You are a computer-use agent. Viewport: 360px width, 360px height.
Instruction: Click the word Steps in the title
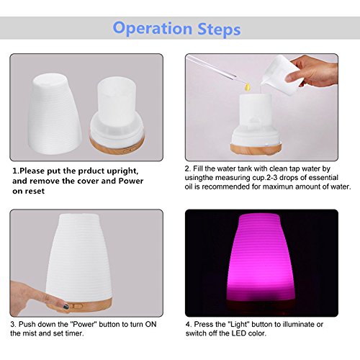coord(219,30)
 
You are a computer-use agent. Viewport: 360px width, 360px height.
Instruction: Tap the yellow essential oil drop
coord(246,87)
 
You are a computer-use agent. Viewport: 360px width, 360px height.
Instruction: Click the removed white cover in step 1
coord(55,114)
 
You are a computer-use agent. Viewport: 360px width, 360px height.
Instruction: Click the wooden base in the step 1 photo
coord(117,145)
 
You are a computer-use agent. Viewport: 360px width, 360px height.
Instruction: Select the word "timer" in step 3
coord(74,333)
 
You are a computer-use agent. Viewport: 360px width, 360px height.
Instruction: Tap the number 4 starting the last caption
coord(188,325)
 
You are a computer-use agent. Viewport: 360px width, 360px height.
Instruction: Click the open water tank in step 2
coord(256,123)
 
